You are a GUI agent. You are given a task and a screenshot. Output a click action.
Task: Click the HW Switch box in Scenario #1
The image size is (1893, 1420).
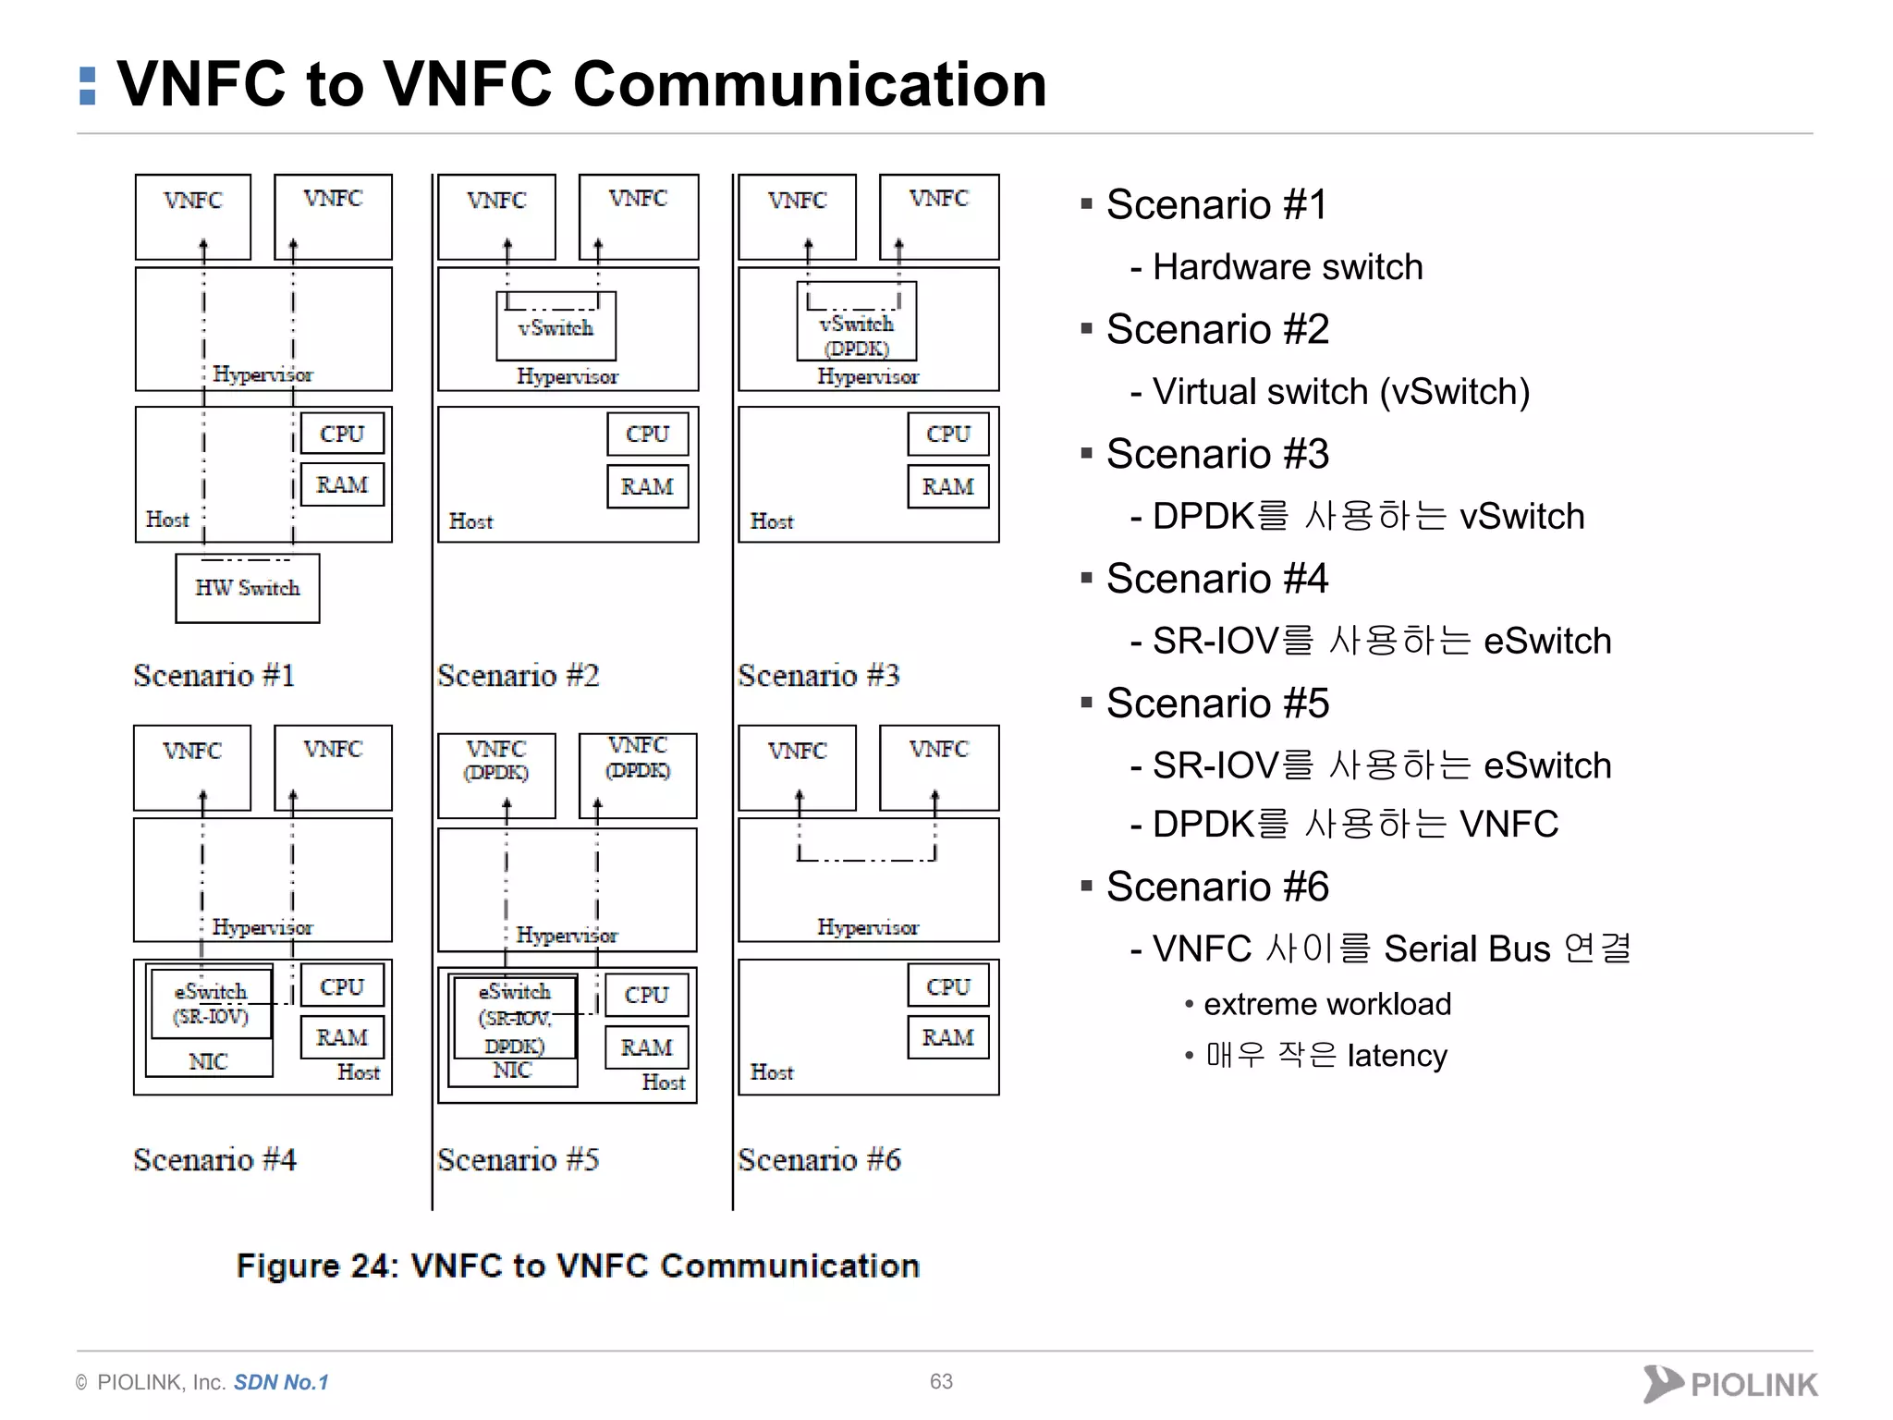point(248,588)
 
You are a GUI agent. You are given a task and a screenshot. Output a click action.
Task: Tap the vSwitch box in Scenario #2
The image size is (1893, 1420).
point(556,328)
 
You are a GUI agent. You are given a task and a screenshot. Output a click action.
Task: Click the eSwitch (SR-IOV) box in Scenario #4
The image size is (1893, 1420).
point(212,1004)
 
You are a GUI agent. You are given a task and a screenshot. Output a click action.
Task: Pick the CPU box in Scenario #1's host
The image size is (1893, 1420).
point(342,434)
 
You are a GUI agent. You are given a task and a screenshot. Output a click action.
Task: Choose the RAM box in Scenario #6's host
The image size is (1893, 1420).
point(948,1037)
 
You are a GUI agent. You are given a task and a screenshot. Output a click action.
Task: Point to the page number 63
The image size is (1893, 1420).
point(941,1381)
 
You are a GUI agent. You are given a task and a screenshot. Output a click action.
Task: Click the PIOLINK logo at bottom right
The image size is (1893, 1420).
point(1729,1384)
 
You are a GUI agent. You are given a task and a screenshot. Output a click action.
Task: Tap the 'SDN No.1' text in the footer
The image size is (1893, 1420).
point(281,1382)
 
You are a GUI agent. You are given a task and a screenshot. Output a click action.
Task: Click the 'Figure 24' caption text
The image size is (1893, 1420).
point(578,1266)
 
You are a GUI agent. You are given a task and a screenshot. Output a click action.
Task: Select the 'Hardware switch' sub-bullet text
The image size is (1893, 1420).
point(1287,267)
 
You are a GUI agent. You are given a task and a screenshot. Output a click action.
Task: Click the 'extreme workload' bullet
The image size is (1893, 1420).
point(1326,1004)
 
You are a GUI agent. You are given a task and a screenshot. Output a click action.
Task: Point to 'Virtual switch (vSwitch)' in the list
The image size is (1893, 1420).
point(1340,392)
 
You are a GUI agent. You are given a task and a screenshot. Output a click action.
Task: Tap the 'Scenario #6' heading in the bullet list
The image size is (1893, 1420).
point(1217,887)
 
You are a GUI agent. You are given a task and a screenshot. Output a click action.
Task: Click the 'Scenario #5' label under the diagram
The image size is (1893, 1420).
point(519,1159)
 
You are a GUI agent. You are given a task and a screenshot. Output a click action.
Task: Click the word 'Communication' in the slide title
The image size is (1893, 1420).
point(809,84)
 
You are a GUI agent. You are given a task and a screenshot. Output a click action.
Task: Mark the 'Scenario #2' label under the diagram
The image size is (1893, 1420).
point(519,676)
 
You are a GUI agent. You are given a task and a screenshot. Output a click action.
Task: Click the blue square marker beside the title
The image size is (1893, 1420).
point(88,85)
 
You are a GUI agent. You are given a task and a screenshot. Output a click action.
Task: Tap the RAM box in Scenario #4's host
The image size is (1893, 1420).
point(342,1037)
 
